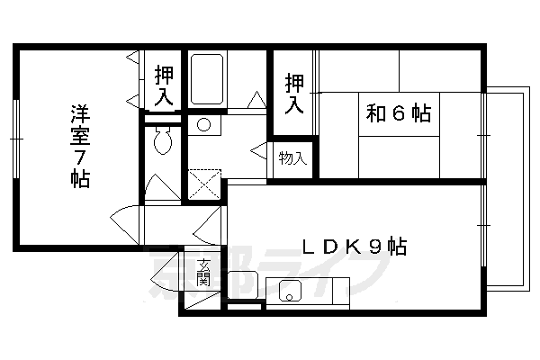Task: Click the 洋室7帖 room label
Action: click(x=80, y=146)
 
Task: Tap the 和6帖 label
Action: click(x=398, y=113)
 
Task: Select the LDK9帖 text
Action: click(x=353, y=246)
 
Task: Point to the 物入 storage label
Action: click(x=292, y=159)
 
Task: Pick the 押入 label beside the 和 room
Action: click(x=293, y=93)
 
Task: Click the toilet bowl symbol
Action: click(x=163, y=141)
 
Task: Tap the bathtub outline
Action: click(x=208, y=82)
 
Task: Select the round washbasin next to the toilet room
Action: click(x=203, y=124)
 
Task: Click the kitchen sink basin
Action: click(x=291, y=291)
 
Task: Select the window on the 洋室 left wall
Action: click(x=16, y=139)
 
